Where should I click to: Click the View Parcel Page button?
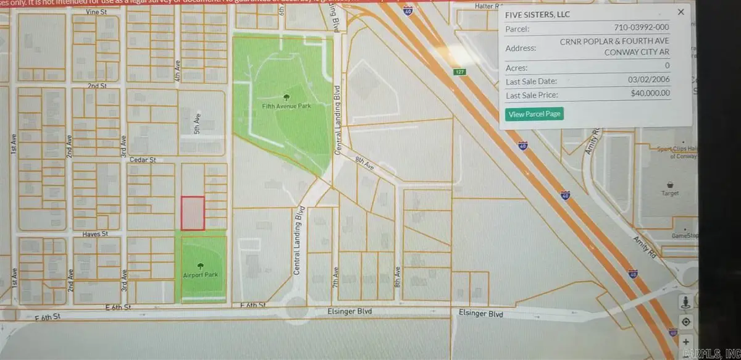(534, 114)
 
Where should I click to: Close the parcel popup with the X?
(680, 12)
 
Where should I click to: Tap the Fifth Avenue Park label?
(285, 106)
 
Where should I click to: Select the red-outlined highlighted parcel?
(192, 213)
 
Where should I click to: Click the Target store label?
(669, 193)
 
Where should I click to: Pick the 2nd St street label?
(93, 85)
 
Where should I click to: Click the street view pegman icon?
(685, 303)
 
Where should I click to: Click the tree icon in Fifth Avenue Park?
(285, 96)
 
